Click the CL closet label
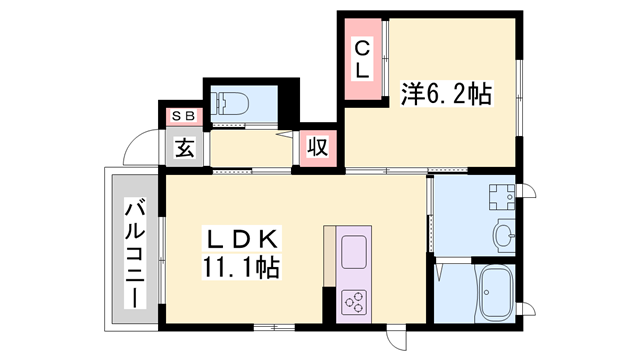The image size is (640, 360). tap(362, 59)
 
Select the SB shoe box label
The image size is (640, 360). tap(185, 115)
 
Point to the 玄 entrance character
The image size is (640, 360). tap(185, 148)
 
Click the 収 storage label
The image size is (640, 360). tap(317, 149)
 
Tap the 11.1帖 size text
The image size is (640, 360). tap(244, 268)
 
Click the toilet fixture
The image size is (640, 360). tap(232, 102)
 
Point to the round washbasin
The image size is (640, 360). tap(503, 236)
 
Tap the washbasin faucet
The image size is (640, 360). tap(513, 236)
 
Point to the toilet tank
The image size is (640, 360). tap(217, 102)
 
